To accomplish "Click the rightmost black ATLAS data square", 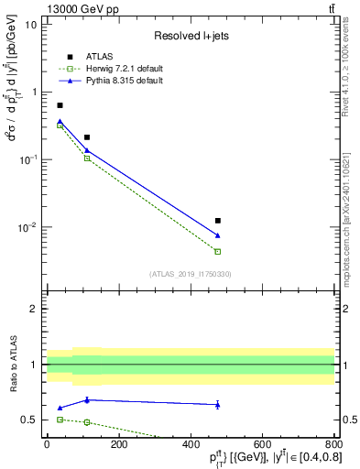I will point(217,221).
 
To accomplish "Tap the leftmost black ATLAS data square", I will point(60,105).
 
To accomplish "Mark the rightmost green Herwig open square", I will point(217,251).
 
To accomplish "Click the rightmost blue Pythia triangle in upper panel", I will point(217,235).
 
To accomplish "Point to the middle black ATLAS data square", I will point(87,137).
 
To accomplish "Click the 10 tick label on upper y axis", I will point(30,25).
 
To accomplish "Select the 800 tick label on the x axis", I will point(333,443).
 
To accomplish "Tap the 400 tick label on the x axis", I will point(190,443).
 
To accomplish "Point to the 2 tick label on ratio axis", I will point(34,309).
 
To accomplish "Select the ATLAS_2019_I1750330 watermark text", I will point(190,274).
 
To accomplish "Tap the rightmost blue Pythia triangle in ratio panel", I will point(217,404).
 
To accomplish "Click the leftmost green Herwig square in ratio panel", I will point(60,419).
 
